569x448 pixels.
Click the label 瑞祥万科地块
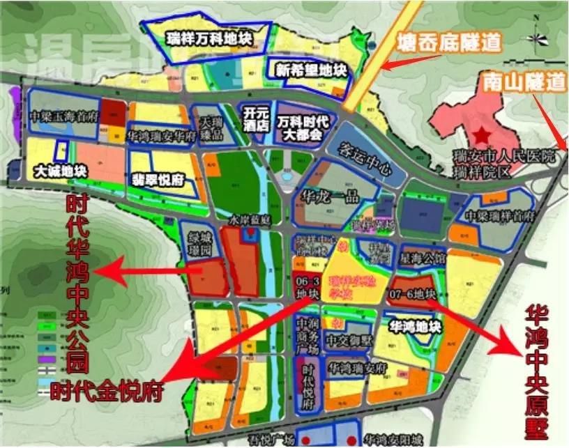click(208, 37)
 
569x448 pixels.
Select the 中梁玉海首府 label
click(64, 117)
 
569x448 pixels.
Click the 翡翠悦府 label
click(158, 179)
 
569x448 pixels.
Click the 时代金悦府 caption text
click(107, 391)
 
